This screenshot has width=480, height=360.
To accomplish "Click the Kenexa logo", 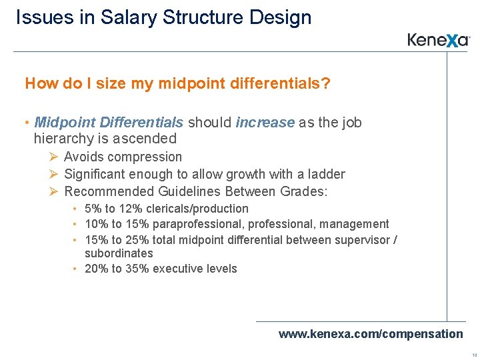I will [x=439, y=40].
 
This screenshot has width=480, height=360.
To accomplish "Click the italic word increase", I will [x=265, y=123].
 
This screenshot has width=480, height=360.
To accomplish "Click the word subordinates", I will [x=119, y=253].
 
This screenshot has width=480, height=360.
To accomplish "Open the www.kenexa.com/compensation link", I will [x=370, y=333].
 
